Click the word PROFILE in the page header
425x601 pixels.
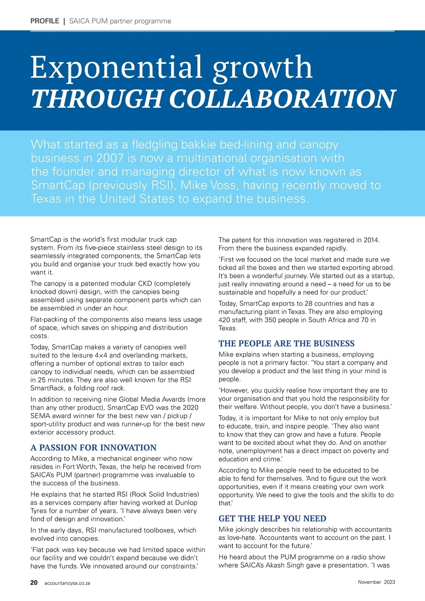tap(45, 21)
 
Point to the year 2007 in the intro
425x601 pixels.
tap(110, 158)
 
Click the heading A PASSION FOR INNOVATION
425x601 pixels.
tap(93, 448)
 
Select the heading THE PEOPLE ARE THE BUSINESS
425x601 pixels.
tap(287, 343)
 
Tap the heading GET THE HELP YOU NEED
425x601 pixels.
tap(272, 518)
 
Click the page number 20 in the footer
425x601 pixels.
tap(34, 583)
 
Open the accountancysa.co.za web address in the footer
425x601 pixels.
tap(67, 583)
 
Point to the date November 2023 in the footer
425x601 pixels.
tap(376, 582)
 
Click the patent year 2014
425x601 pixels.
tap(370, 240)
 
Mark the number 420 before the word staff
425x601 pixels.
tap(225, 320)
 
